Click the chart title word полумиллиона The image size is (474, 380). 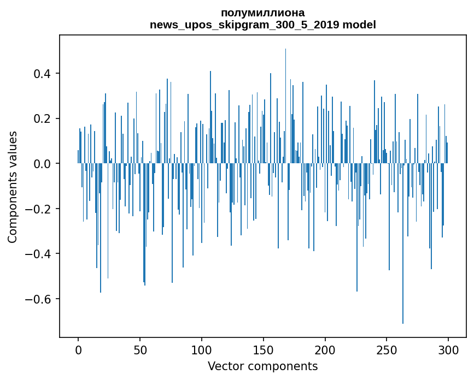tap(262, 13)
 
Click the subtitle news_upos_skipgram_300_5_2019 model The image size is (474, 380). tap(262, 25)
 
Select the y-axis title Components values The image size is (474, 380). tap(13, 187)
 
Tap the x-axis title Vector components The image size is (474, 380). tap(262, 366)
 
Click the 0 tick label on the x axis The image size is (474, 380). tap(78, 349)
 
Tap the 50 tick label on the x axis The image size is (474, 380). tap(140, 349)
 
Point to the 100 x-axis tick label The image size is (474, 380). tap(202, 349)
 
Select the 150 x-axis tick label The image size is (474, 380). tap(264, 349)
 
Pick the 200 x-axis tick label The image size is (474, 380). tap(325, 349)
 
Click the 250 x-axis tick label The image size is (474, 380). tap(387, 349)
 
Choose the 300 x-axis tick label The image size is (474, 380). tap(449, 349)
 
